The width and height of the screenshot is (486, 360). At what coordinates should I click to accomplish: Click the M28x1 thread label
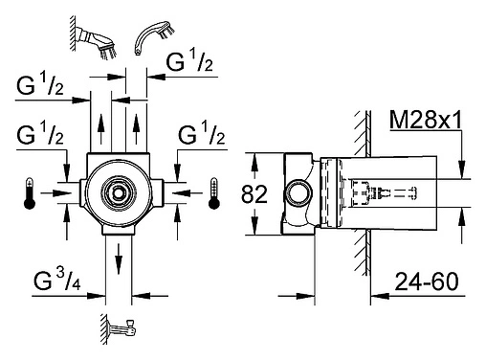pos(426,121)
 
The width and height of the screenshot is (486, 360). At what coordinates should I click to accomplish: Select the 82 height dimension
pos(254,194)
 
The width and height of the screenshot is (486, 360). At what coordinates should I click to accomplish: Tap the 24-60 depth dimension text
pos(427,281)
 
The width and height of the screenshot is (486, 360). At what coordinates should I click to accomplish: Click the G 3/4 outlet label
pos(57,280)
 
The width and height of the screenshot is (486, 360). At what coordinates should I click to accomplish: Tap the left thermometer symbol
pos(30,193)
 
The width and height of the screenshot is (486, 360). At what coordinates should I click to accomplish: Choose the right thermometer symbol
pos(213,193)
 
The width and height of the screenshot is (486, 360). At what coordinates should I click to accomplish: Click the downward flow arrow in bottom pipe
pos(119,259)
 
